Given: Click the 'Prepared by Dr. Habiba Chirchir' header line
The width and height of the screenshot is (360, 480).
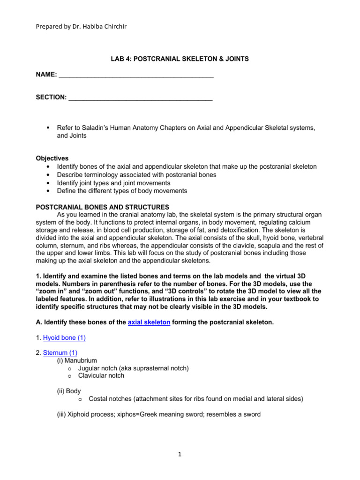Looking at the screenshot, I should (81, 26).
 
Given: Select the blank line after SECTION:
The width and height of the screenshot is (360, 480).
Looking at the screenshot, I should (140, 97).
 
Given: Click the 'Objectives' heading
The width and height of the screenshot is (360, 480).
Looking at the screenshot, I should (52, 158).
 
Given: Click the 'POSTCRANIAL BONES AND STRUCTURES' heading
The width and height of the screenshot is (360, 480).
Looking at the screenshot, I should (103, 207).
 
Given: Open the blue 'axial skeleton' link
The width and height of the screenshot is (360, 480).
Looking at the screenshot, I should (149, 323).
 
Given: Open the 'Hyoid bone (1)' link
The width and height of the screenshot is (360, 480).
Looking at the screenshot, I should (64, 337).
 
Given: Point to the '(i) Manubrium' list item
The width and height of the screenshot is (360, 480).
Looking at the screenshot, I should (77, 360).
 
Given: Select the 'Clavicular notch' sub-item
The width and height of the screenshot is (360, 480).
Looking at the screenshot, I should (101, 375).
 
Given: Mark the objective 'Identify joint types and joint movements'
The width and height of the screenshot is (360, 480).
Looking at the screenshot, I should (113, 183).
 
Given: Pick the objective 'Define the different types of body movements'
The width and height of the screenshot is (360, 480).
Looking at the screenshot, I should (122, 191).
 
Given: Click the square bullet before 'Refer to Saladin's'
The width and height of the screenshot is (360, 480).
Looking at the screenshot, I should (48, 127).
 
